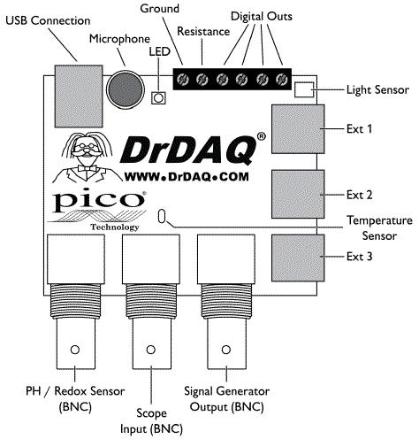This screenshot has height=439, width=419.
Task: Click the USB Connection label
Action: (x=48, y=20)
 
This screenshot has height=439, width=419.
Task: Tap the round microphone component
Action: (x=126, y=89)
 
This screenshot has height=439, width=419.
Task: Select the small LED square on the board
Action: (x=158, y=98)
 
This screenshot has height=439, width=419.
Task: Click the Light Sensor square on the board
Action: (x=304, y=89)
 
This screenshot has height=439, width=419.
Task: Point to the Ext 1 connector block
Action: (x=298, y=129)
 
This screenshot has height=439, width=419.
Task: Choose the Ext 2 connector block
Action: (x=298, y=194)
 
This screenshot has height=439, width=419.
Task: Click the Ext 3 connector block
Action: (x=298, y=258)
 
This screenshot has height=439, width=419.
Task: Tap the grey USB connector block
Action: (x=79, y=96)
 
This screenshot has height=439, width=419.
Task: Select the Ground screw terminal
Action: (x=182, y=79)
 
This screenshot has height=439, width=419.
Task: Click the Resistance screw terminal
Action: (x=202, y=79)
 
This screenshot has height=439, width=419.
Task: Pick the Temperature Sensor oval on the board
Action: (x=161, y=217)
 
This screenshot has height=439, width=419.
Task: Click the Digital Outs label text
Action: (x=262, y=16)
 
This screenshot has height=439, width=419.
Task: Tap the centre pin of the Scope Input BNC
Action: (x=151, y=350)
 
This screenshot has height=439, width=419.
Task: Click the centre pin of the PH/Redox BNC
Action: (x=75, y=350)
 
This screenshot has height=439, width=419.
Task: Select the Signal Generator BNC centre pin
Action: (x=226, y=350)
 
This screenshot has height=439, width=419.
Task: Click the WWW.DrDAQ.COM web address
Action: (x=187, y=177)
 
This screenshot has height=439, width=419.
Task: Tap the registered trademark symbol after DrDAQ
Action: (x=262, y=136)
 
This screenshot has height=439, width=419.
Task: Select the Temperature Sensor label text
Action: (x=379, y=228)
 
